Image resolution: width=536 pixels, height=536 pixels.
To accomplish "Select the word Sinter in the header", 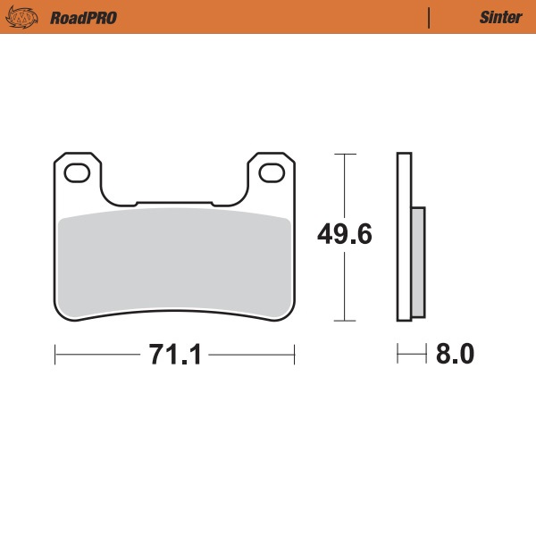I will [497, 17].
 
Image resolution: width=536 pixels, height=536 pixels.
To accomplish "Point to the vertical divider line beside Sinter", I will [430, 17].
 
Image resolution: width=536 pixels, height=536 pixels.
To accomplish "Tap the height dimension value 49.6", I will [345, 234].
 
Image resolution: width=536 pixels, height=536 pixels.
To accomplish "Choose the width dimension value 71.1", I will [174, 355].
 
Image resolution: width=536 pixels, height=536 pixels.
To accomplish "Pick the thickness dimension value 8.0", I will [455, 355].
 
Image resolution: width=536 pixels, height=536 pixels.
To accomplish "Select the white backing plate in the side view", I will [404, 237].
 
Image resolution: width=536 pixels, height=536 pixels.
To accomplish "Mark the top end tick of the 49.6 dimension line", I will [345, 155].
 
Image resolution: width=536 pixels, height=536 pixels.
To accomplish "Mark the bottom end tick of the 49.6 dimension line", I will [345, 320].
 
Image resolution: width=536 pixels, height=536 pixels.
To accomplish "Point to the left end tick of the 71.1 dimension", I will [55, 355].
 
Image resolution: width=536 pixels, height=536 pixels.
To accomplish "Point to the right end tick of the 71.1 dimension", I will [294, 355].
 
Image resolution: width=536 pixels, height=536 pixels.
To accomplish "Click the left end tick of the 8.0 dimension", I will [398, 355].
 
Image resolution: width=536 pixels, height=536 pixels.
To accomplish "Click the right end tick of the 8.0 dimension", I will [425, 355].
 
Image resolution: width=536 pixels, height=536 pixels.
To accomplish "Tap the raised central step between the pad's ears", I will [174, 202].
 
